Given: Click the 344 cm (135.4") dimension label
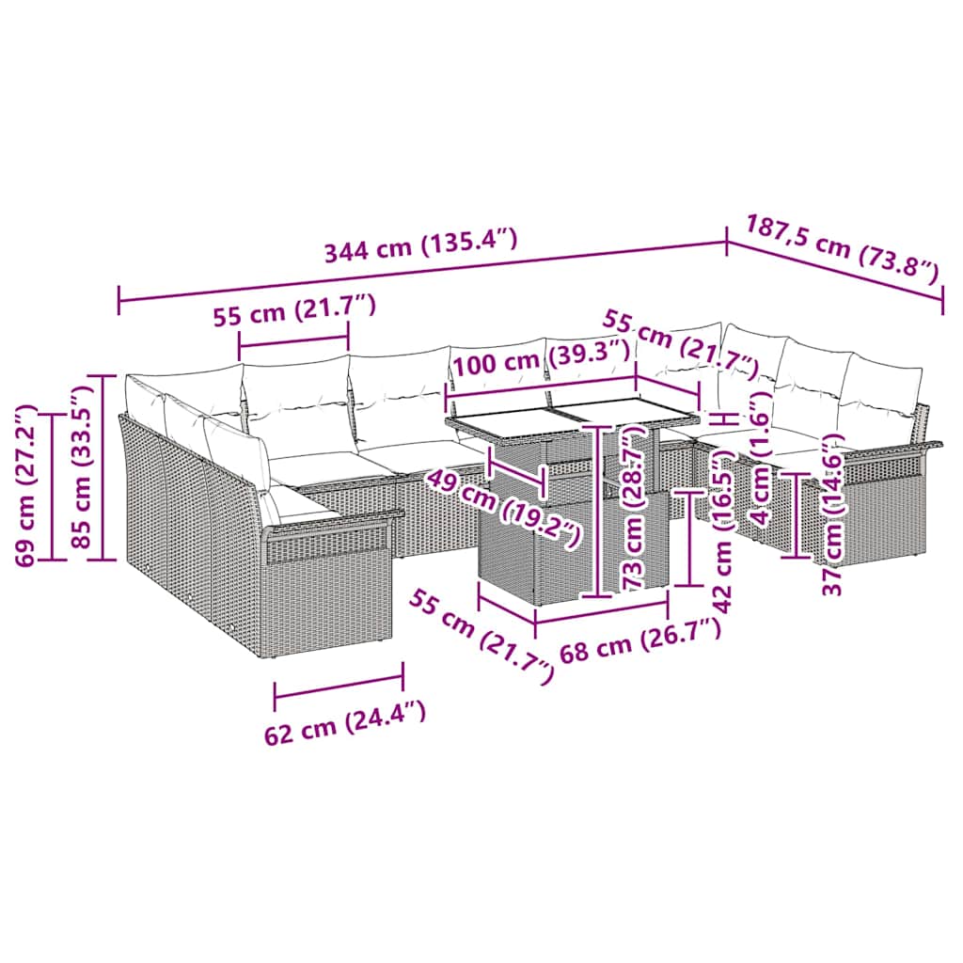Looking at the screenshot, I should coord(420,245).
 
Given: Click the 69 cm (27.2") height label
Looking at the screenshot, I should coord(27,485).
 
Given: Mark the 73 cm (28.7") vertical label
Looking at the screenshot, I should coord(636,513).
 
